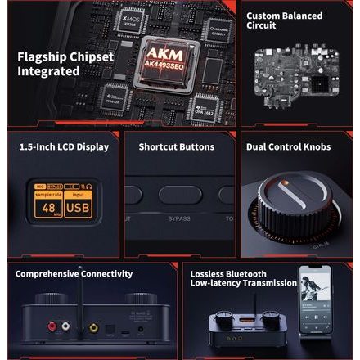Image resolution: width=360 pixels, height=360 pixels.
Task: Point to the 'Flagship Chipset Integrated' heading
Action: pyautogui.click(x=49, y=64)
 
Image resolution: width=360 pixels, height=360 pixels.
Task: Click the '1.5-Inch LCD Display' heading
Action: pyautogui.click(x=64, y=147)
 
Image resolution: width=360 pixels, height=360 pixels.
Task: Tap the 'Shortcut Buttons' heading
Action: pyautogui.click(x=176, y=147)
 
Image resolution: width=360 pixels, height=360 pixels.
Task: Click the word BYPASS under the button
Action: pyautogui.click(x=179, y=219)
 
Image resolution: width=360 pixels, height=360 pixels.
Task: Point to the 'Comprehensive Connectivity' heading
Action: pyautogui.click(x=74, y=273)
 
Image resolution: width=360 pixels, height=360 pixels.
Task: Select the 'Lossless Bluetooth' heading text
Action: pyautogui.click(x=228, y=273)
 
